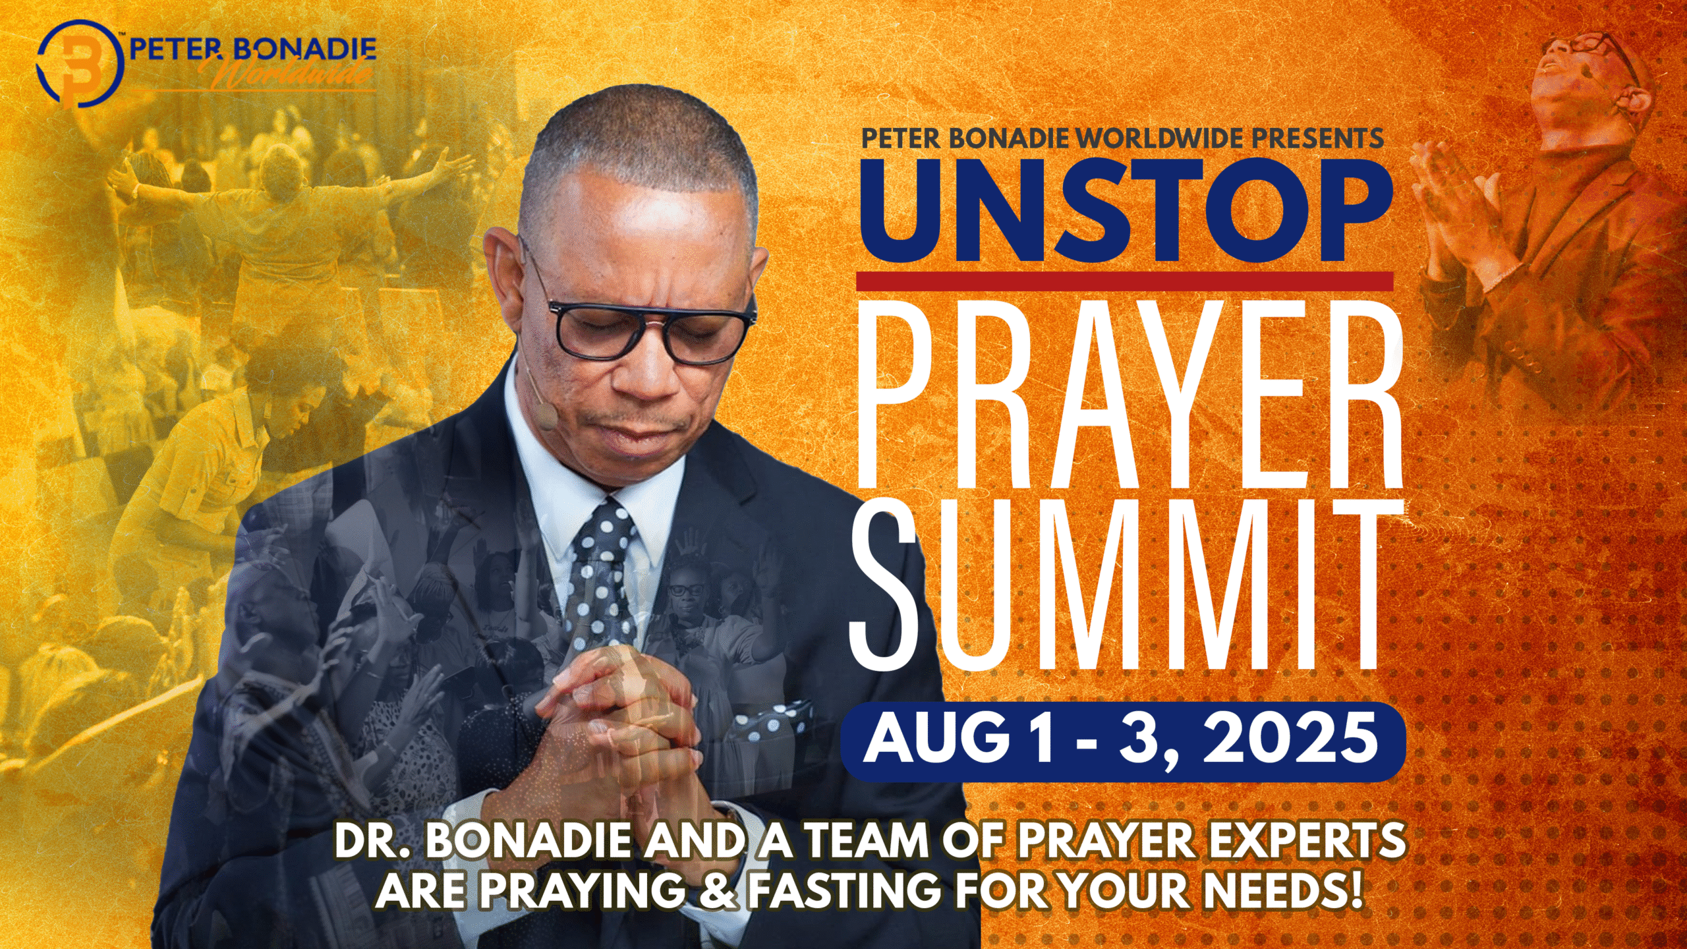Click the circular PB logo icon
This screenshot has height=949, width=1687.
point(80,64)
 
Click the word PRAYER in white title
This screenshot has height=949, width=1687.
point(1128,395)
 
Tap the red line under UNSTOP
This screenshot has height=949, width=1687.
point(1124,281)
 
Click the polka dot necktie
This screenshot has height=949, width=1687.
point(602,573)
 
